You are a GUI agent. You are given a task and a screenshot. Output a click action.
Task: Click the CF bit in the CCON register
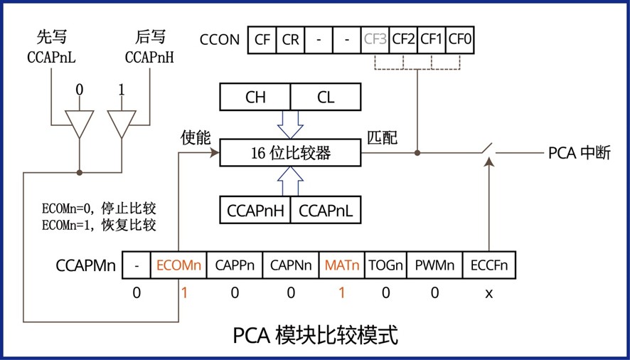[x=261, y=40]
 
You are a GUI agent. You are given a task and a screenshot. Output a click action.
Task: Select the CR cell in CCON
[x=289, y=40]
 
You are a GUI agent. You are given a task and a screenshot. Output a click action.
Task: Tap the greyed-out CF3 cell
[x=374, y=40]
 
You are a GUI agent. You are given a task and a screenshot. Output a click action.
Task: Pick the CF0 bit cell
[x=460, y=40]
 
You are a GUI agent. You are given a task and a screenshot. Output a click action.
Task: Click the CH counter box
[x=255, y=97]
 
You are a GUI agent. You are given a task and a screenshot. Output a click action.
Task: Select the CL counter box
[x=326, y=97]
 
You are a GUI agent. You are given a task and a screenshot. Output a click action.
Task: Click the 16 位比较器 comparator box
[x=291, y=152]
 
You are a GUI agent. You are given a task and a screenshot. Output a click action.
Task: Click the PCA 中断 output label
[x=579, y=152]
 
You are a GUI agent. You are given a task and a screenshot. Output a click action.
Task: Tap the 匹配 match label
[x=382, y=138]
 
